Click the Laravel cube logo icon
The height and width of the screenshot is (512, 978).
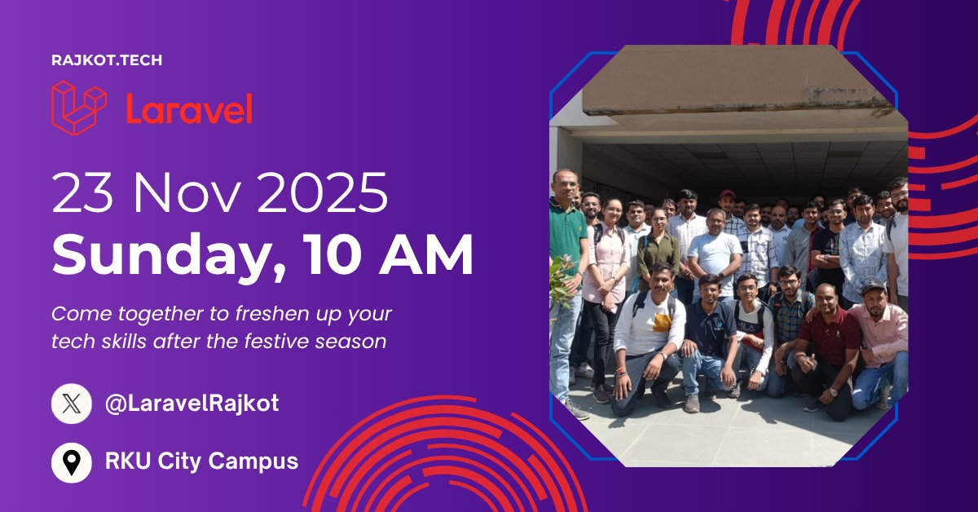tap(79, 107)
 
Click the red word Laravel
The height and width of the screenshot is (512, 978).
tap(189, 109)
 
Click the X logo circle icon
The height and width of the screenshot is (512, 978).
tap(72, 404)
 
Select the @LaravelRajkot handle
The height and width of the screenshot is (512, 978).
tap(192, 404)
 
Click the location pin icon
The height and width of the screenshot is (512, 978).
tap(72, 462)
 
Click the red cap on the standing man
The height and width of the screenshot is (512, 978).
tap(727, 195)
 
